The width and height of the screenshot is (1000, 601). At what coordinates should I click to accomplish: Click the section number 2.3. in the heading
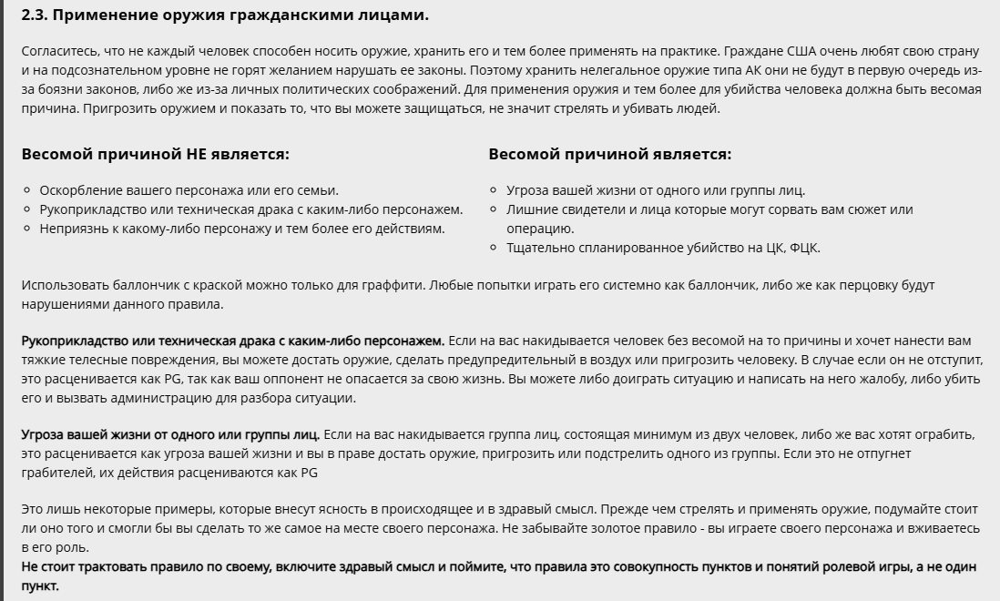(x=36, y=15)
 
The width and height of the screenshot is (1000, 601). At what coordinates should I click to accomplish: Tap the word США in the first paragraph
(x=800, y=51)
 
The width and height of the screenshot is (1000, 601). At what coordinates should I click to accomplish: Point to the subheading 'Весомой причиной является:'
(x=609, y=155)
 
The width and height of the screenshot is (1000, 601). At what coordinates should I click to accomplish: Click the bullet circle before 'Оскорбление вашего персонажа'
(x=27, y=191)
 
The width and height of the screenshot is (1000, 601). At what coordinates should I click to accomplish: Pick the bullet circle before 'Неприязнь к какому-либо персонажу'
(x=27, y=229)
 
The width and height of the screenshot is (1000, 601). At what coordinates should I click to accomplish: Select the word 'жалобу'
(x=851, y=379)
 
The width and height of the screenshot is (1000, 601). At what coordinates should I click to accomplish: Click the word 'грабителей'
(x=55, y=473)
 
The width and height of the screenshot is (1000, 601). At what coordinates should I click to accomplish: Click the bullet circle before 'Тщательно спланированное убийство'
(x=495, y=248)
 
